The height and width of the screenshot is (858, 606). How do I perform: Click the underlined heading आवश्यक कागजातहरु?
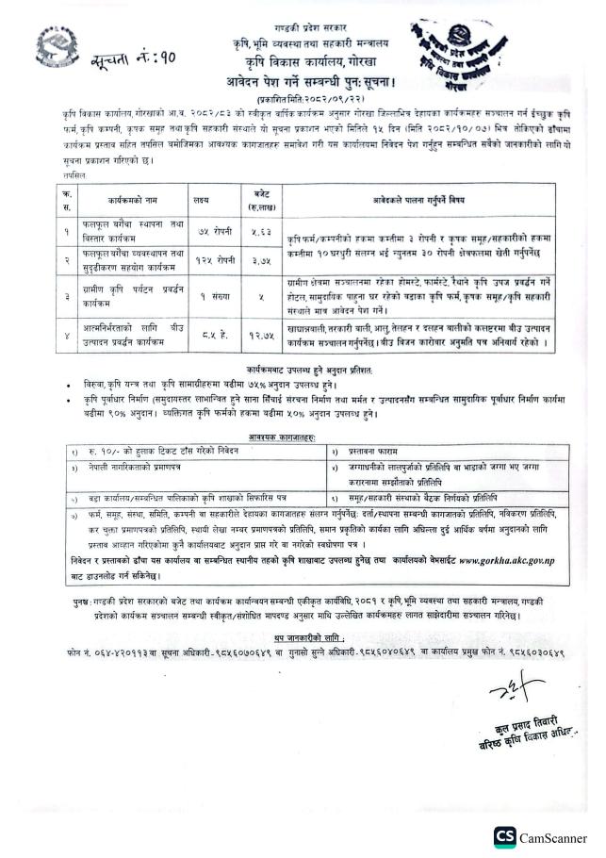coord(303,437)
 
